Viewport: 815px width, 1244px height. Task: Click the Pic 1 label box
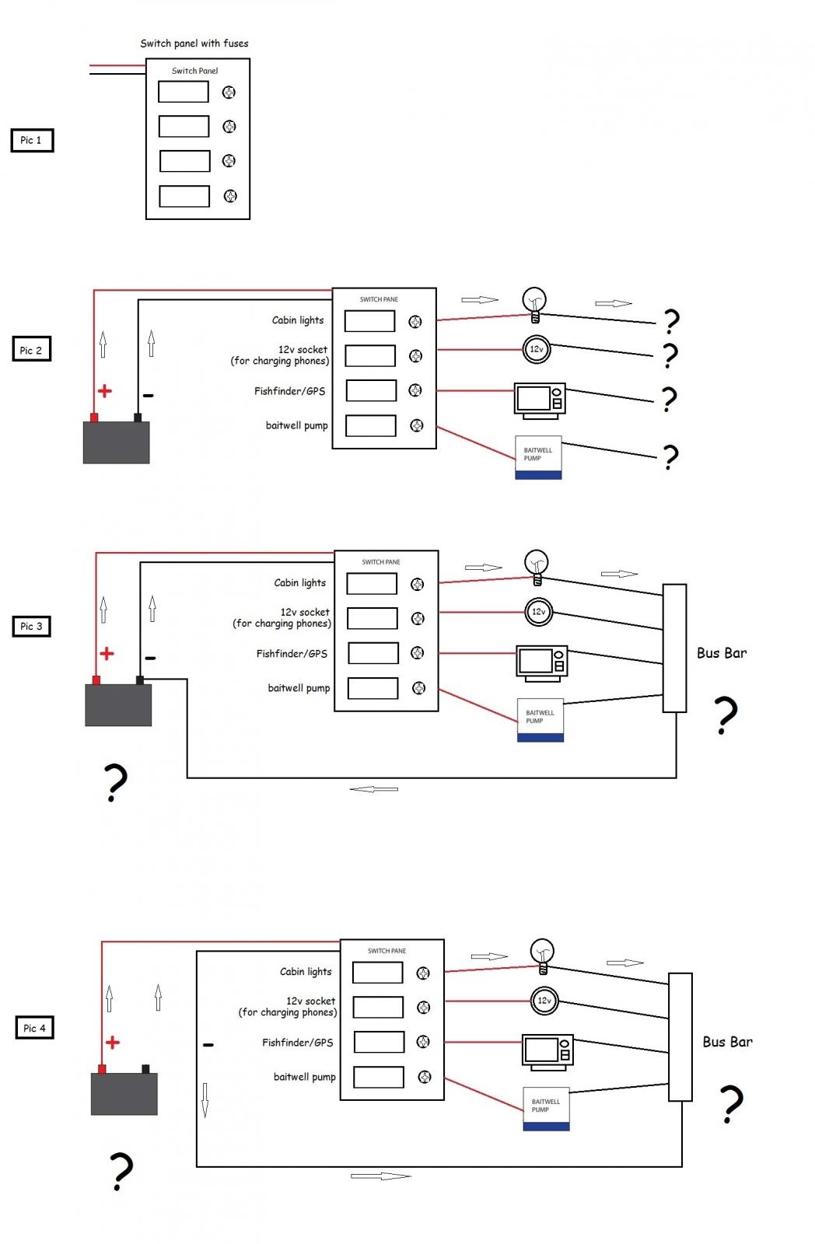(32, 140)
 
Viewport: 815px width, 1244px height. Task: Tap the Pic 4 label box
(34, 1028)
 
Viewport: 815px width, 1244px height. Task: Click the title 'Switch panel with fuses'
(194, 44)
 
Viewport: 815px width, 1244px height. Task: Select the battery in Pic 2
(116, 442)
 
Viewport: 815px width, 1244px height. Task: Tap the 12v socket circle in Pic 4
(544, 1001)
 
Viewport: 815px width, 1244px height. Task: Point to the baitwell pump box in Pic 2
(538, 457)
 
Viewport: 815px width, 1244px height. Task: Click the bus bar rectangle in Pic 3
(674, 648)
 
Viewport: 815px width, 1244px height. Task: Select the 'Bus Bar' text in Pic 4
(727, 1042)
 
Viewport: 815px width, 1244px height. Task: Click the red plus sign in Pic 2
(105, 391)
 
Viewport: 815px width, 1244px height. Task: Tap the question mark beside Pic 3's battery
(115, 782)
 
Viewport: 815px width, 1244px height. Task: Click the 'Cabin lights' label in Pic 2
(298, 320)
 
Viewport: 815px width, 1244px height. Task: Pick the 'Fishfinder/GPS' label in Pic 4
(297, 1043)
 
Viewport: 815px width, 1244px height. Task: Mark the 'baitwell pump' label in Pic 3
(299, 688)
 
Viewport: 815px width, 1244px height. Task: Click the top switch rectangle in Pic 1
(184, 92)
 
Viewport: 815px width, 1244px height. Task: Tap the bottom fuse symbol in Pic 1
(230, 196)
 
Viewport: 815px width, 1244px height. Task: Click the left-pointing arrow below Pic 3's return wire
(373, 789)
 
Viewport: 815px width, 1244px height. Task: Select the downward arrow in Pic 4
(205, 1099)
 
